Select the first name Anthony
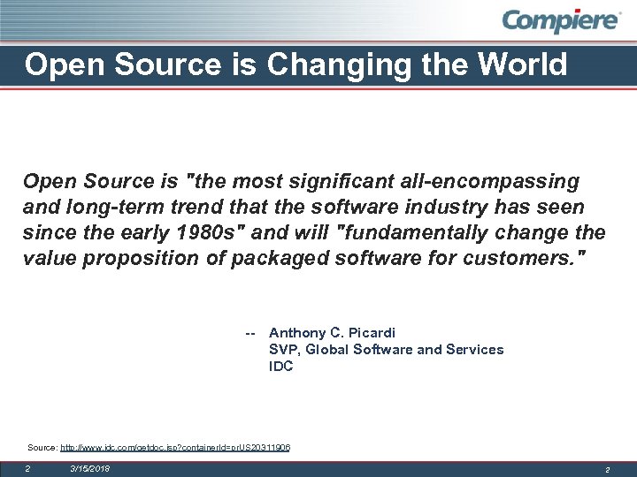click(298, 333)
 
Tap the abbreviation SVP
click(283, 350)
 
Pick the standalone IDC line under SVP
click(280, 367)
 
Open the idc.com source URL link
click(175, 448)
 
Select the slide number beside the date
click(27, 468)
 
